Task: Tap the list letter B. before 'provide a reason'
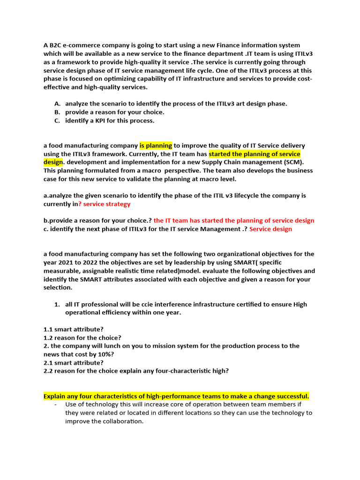point(57,112)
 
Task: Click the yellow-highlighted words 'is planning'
point(156,146)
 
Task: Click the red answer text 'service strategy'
point(107,204)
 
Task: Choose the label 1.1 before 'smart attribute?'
point(48,329)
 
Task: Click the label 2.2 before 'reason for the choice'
point(48,371)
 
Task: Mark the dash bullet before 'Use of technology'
point(56,404)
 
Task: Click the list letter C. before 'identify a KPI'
point(57,120)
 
